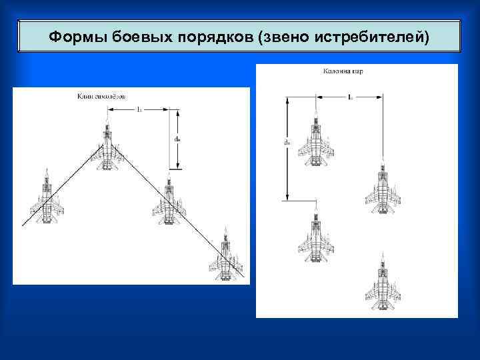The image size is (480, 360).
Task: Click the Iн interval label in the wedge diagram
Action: coord(139,109)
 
